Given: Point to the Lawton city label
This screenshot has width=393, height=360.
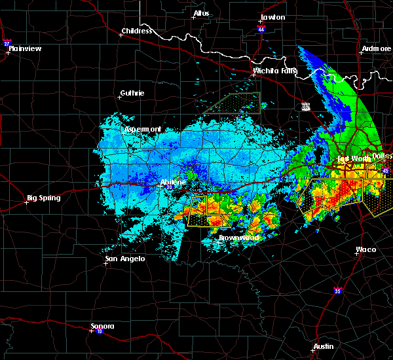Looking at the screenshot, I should click(x=272, y=17).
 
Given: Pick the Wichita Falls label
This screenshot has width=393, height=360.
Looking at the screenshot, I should click(x=275, y=71).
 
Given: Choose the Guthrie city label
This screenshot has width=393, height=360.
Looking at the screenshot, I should click(x=132, y=94).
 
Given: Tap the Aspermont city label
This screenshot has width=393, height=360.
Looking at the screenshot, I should click(x=142, y=130).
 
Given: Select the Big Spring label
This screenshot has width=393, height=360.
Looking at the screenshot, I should click(x=44, y=198).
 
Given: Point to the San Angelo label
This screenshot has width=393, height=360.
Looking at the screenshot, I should click(x=124, y=259).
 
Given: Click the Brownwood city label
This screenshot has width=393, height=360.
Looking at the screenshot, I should click(x=238, y=238).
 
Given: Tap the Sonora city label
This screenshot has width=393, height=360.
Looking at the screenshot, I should click(x=102, y=326).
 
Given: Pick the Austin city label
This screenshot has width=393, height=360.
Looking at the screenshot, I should click(x=323, y=346).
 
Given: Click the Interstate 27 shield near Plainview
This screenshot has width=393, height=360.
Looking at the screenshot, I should click(x=7, y=43).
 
